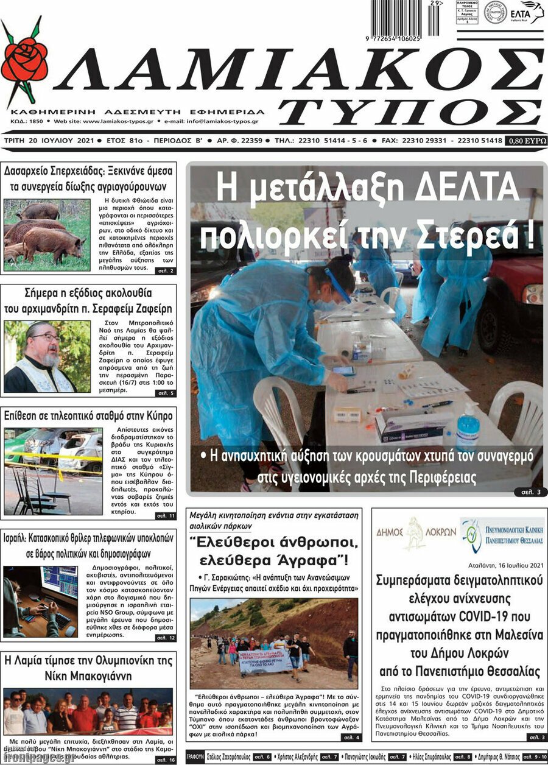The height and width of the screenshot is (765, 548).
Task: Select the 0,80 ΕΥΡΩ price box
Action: [x=526, y=141]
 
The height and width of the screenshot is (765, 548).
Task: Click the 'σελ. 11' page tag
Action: [x=165, y=516]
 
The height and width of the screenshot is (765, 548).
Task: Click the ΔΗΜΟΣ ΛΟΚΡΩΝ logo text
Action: [x=415, y=532]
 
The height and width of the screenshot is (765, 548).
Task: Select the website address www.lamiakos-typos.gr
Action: [x=118, y=121]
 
